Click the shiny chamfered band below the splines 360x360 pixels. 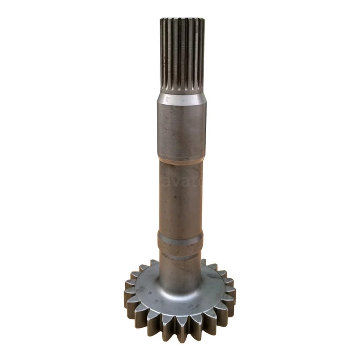click(181, 98)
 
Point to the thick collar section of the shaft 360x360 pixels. click(181, 129)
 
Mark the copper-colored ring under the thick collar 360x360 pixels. click(181, 161)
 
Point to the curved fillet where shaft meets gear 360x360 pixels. click(180, 287)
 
